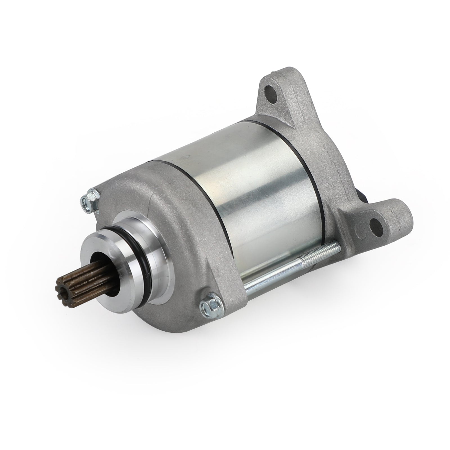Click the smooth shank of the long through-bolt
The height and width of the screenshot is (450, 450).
tap(270, 276)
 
